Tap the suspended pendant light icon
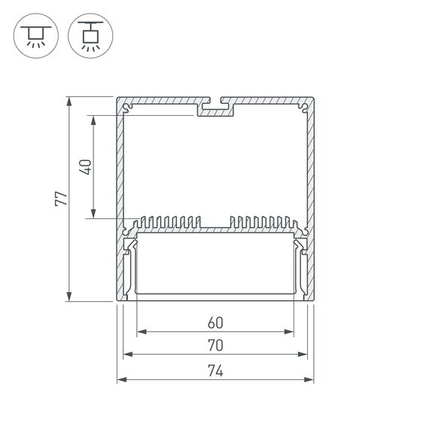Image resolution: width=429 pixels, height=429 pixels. coord(88,35)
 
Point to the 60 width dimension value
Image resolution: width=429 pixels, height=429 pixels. coord(215,323)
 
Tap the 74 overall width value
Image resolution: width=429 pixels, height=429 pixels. coord(215,370)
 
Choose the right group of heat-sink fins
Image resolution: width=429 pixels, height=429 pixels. coord(260,222)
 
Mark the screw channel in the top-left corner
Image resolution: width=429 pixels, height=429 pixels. coord(128,109)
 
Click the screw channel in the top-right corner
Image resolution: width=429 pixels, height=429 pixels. coord(303,109)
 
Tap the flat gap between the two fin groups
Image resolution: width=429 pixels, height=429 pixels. coord(215,227)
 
